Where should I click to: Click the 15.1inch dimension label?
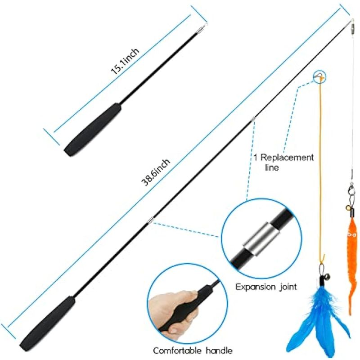point(125,61)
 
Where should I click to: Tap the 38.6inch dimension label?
point(156,172)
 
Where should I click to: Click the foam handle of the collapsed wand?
point(93,130)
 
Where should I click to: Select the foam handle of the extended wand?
point(47,324)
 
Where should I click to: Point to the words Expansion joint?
point(266,287)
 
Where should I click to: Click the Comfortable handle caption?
point(193,351)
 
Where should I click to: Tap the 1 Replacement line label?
point(283,162)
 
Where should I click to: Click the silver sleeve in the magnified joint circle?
point(262,239)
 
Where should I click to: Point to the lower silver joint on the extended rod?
point(151,220)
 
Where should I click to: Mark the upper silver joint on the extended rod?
point(253,119)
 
